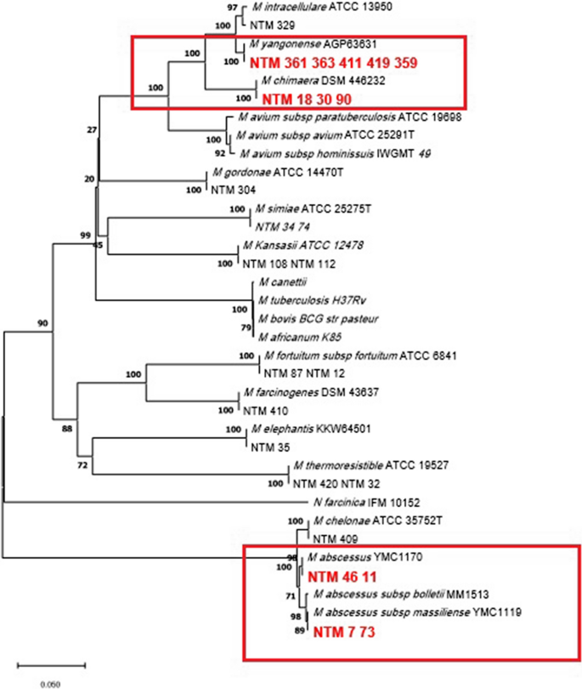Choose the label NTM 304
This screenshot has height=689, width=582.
click(233, 189)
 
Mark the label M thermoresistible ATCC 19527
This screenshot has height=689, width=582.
click(364, 467)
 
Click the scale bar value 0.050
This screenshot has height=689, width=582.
click(51, 682)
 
